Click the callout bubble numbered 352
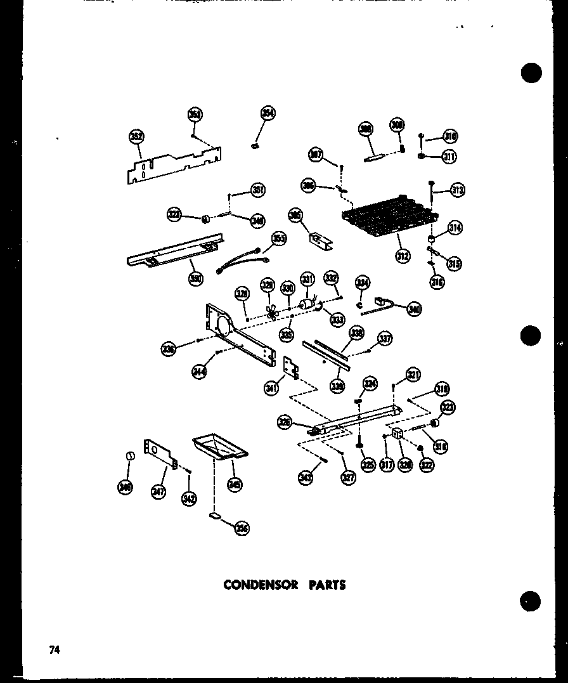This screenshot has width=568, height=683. click(x=136, y=136)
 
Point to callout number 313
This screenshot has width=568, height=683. click(x=457, y=189)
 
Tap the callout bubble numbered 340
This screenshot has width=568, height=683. click(x=414, y=309)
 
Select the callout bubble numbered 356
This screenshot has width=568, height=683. click(x=241, y=528)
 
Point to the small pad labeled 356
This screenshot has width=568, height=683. click(x=215, y=517)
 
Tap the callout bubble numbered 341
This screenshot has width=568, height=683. click(x=271, y=388)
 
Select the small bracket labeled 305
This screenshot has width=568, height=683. click(x=316, y=238)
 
